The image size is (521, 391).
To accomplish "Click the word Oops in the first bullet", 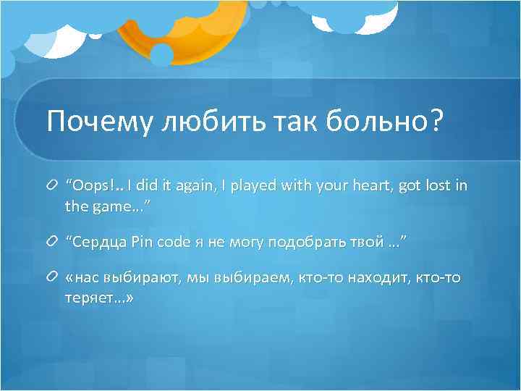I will tap(88, 186).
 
